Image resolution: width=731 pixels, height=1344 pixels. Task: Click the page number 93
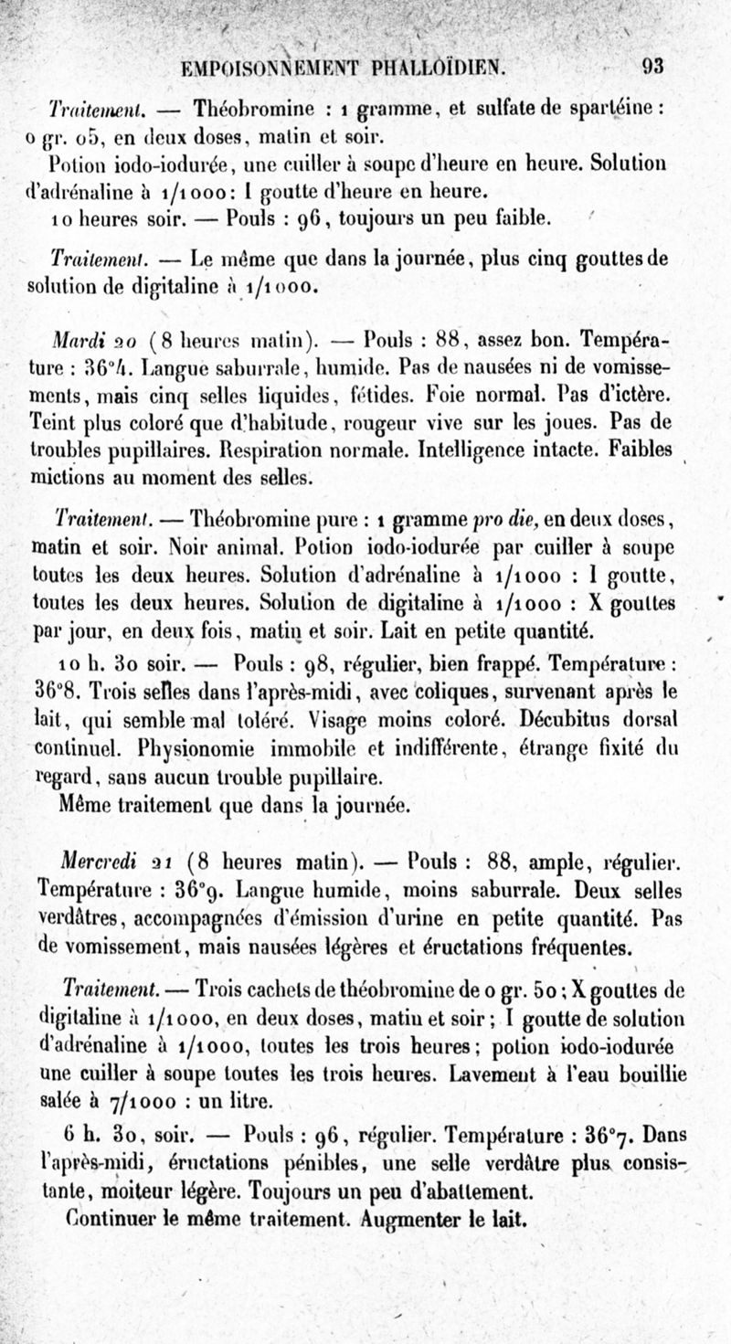click(x=652, y=67)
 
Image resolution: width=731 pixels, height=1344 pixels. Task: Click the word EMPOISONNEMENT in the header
click(x=262, y=68)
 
